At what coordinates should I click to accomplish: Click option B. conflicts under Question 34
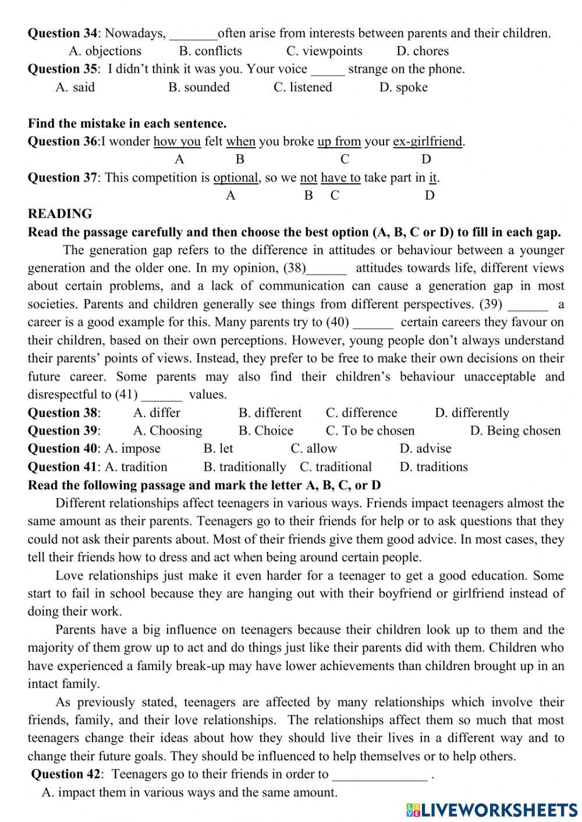point(210,51)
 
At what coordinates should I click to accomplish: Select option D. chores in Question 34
point(423,51)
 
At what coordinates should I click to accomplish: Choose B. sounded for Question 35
point(199,87)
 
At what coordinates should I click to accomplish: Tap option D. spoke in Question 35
point(403,87)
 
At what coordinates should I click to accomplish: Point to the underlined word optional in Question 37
point(236,177)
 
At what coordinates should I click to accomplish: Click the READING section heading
point(60,213)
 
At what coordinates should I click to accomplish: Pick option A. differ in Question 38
point(157,413)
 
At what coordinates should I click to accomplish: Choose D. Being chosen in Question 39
point(515,431)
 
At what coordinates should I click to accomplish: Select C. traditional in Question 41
point(336,467)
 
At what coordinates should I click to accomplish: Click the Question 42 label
point(66,774)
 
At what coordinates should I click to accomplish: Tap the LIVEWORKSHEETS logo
point(492,809)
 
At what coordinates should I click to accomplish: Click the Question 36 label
point(63,141)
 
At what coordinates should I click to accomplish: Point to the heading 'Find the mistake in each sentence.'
point(127,123)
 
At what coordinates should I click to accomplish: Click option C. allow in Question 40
point(314,449)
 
